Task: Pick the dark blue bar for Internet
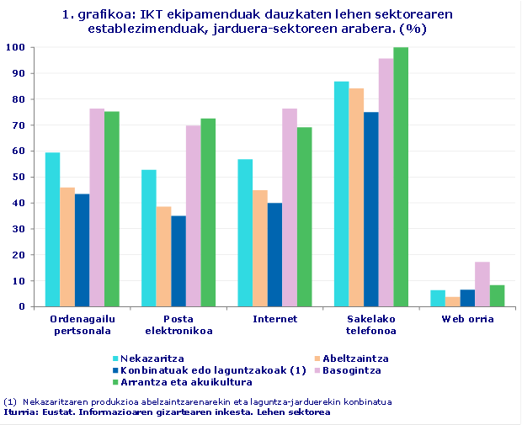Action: (274, 254)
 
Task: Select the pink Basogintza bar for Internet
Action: (290, 207)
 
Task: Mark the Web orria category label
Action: (468, 319)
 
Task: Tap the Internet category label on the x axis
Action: (274, 319)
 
